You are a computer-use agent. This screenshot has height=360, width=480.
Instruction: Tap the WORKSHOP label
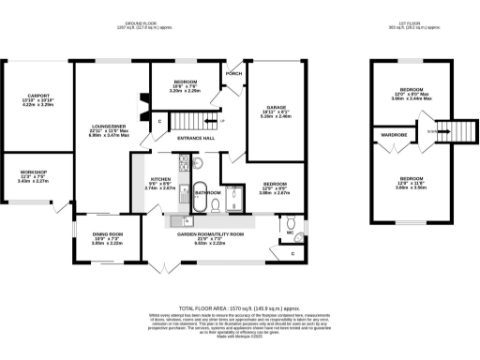[33, 172]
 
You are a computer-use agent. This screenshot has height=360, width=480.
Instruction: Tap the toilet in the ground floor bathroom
[217, 204]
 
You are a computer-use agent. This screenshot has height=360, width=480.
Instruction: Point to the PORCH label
[233, 73]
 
